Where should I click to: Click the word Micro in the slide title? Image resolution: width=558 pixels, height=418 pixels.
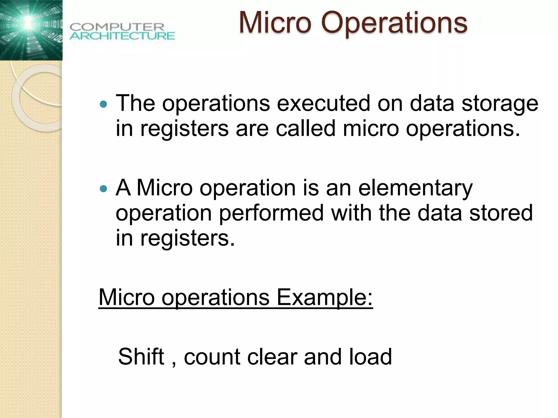(275, 23)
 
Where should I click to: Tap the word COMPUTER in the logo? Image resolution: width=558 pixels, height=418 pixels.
(117, 27)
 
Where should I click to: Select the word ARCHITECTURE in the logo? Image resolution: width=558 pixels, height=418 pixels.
(122, 36)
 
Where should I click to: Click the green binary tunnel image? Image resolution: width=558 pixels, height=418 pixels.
(31, 30)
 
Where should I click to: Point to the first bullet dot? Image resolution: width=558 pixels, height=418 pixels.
(104, 104)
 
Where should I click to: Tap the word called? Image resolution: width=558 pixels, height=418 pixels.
(305, 128)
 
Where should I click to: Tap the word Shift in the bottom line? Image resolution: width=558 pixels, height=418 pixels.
(141, 356)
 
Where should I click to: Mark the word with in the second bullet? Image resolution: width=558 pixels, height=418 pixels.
(351, 213)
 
